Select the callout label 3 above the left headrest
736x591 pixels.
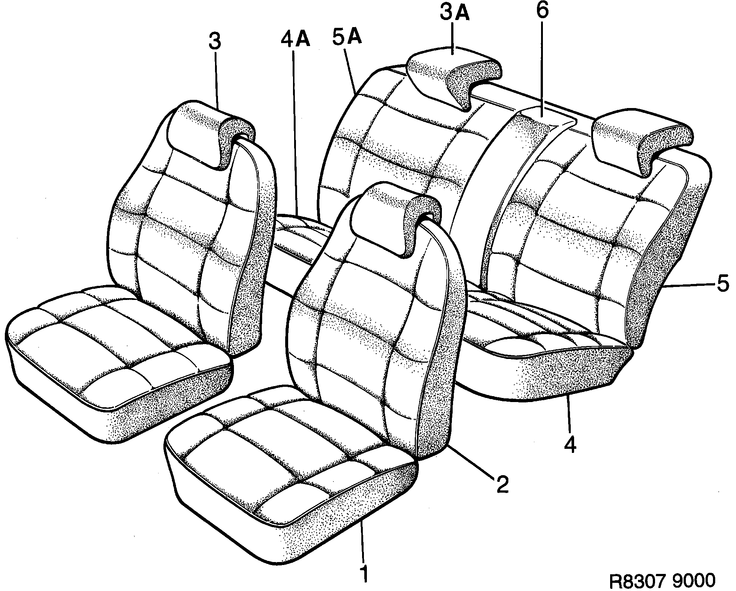pyautogui.click(x=215, y=42)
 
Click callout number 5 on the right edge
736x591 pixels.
pyautogui.click(x=723, y=285)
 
